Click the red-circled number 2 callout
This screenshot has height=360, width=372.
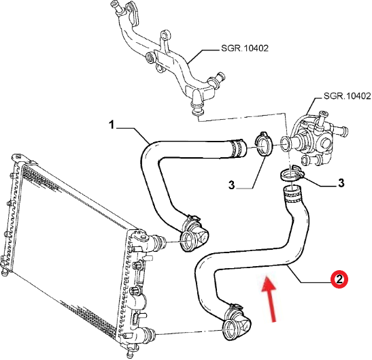pos(339,279)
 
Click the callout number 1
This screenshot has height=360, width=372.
pos(112,125)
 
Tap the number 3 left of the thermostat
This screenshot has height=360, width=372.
pos(231,184)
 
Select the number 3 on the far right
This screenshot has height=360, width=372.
pos(341,183)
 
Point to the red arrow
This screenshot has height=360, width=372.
pos(270,299)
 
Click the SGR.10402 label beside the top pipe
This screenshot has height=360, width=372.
pos(245,48)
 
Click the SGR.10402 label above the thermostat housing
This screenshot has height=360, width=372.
pos(348,96)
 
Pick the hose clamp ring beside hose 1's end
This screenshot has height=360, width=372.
pos(263,144)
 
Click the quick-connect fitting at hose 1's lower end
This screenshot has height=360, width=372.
pos(193,234)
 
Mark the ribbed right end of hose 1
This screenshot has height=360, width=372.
pos(238,148)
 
